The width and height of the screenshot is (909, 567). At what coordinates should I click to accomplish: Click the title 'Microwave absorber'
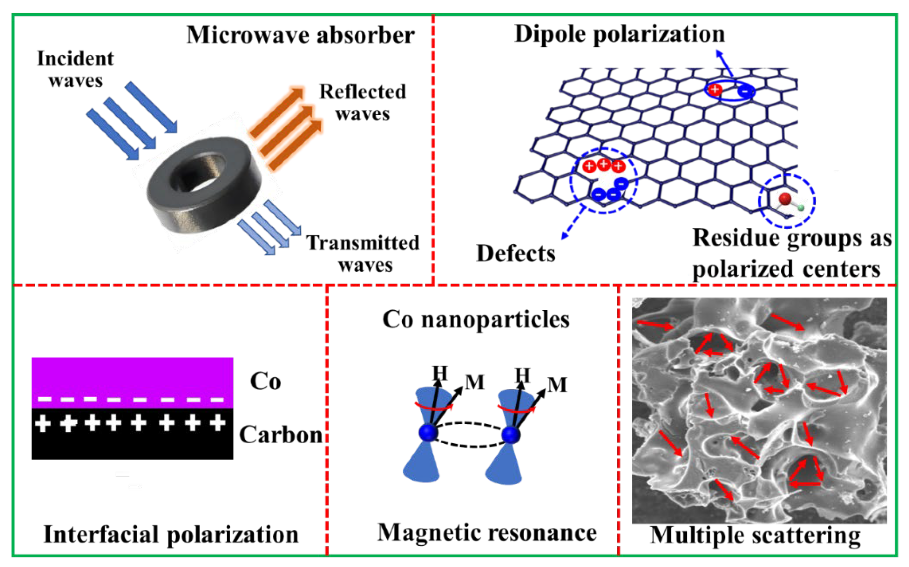300,35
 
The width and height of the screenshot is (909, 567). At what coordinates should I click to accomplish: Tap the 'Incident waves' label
75,70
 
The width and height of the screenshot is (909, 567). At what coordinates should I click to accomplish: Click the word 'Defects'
516,254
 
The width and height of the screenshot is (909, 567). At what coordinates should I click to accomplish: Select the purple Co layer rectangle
132,377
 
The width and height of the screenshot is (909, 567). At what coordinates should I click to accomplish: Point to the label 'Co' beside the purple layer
265,382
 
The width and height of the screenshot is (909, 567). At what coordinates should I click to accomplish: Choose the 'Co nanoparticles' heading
476,319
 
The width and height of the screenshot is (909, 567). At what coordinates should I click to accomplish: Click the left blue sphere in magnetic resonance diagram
428,433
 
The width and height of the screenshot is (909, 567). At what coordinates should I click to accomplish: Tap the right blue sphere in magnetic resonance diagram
511,435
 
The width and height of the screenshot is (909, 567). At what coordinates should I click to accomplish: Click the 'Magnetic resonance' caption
487,532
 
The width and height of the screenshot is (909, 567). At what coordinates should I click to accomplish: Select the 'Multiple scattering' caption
755,535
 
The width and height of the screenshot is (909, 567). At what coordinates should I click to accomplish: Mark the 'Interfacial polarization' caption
171,534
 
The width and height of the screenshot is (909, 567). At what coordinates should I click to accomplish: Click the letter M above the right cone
557,385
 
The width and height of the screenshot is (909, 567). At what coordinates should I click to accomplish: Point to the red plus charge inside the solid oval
715,89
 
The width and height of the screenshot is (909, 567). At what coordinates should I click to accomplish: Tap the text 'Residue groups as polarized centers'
791,254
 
